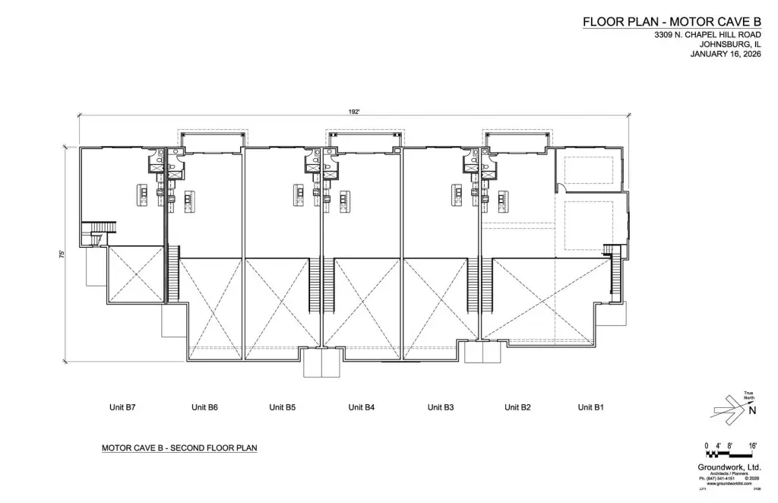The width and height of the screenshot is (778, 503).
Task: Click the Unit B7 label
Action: pos(122,408)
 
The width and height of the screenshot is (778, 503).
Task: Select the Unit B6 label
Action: pos(204,408)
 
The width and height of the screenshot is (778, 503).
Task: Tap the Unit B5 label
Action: pos(283,408)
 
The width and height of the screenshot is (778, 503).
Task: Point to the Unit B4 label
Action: pos(362,408)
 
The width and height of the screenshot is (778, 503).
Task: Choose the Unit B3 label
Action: pos(441,408)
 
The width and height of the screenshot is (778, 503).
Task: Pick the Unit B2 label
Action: pos(517,408)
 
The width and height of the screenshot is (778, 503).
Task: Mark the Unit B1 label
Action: pos(590,408)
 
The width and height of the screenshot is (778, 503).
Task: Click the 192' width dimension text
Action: pos(353,112)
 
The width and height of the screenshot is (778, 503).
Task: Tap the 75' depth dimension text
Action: pos(61,255)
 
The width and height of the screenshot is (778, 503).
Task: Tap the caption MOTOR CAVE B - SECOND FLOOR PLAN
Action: pos(179,448)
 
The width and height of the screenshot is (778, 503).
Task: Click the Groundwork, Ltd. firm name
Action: pos(729,468)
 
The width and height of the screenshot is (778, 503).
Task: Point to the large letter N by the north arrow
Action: pos(753,411)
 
